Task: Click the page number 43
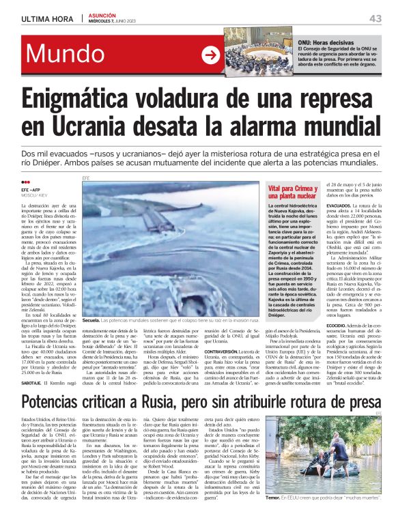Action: click(376, 18)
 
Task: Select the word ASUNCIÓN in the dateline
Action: click(102, 14)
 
